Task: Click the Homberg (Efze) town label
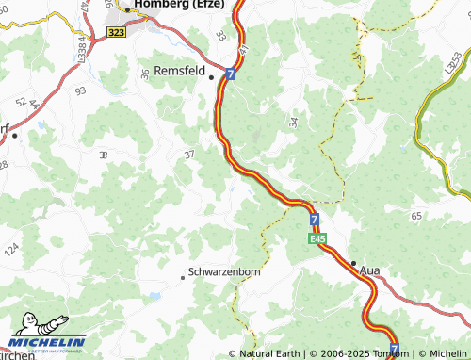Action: coord(180,5)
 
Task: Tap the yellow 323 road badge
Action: coord(117,32)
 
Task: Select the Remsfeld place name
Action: coord(179,70)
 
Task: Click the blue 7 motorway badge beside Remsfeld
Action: coord(231,73)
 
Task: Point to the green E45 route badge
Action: coord(318,239)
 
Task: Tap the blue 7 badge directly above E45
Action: coord(315,220)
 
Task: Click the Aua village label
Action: coord(371,270)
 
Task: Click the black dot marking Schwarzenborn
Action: coord(183,277)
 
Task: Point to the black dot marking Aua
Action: coord(353,263)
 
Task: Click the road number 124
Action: coord(11,251)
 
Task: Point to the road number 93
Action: coord(80,90)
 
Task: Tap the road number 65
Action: coord(415,216)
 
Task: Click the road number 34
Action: coord(293,122)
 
